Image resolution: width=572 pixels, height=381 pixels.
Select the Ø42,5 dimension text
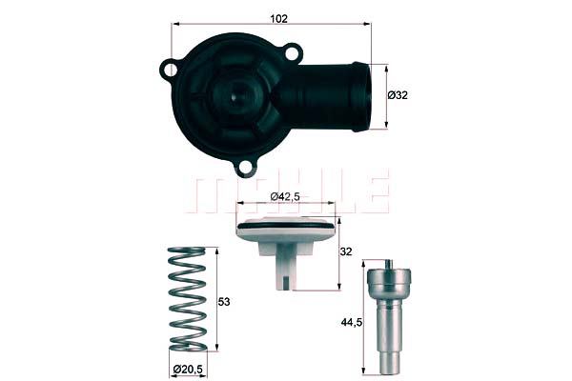pos(287,195)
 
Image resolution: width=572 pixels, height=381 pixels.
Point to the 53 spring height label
pos(225,301)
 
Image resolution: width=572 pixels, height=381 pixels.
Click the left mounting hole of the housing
pos(172,70)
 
